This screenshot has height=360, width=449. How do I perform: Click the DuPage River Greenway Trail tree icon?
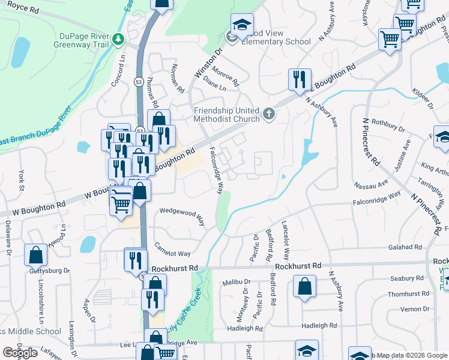119,40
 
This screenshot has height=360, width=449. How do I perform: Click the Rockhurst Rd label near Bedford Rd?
298,265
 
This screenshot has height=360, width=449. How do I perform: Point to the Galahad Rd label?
405,247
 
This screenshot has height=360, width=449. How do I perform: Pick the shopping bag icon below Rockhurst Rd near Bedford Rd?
304,286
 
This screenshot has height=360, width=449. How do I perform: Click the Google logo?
20,353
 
